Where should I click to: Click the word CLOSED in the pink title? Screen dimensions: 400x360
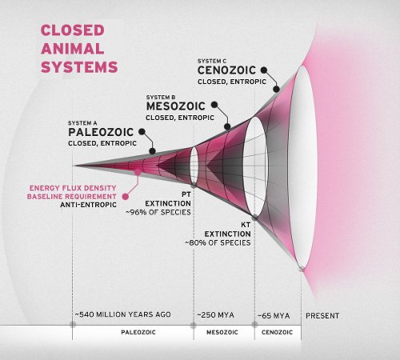73,30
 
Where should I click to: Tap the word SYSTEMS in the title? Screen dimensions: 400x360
79,67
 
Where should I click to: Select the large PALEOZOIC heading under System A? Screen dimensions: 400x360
101,132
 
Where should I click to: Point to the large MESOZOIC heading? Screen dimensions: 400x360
176,106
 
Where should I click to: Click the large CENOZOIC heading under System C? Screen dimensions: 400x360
226,70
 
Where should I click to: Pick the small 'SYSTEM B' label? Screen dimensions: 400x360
161,98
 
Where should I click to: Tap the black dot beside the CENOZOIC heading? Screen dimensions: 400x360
264,70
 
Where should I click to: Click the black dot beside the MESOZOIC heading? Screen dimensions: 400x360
214,105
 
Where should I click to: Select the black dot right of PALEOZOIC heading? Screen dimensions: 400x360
142,131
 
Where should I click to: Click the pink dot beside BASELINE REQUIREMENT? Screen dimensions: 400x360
126,197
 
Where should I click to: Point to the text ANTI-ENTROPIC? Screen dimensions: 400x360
88,205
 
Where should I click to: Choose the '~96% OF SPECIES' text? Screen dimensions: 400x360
158,212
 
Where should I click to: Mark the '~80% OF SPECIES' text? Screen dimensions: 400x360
218,242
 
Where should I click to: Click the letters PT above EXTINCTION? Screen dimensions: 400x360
186,194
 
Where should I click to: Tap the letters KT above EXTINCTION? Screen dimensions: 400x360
246,225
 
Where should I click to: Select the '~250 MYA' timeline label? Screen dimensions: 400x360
215,315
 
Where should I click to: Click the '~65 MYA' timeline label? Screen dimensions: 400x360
274,316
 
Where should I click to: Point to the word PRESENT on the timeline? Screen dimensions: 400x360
322,316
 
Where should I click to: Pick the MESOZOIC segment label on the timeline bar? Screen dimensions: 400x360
222,332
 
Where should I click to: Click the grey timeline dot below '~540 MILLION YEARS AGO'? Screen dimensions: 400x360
73,325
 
